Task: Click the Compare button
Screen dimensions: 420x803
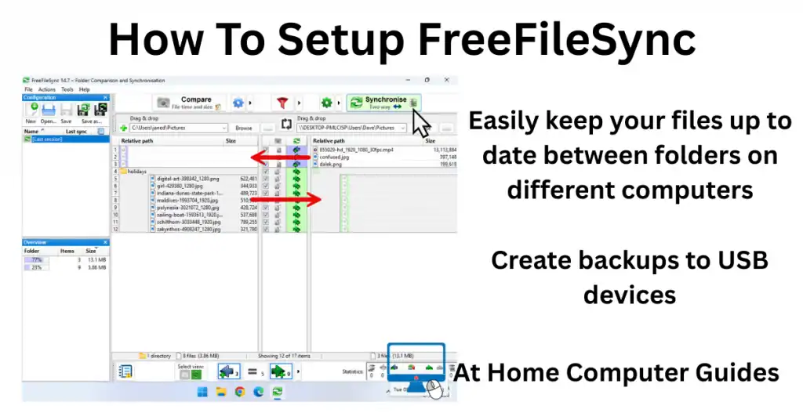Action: point(187,103)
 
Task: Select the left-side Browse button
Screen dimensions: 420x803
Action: point(244,128)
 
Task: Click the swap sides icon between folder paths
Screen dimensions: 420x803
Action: point(286,125)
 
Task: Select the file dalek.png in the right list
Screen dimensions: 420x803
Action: point(329,165)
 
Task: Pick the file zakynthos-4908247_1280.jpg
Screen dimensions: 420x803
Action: point(188,229)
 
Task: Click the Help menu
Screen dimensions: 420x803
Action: point(84,89)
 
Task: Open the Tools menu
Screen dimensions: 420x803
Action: point(67,89)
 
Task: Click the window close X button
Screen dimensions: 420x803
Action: point(446,80)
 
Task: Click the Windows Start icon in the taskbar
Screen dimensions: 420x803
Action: point(203,391)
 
